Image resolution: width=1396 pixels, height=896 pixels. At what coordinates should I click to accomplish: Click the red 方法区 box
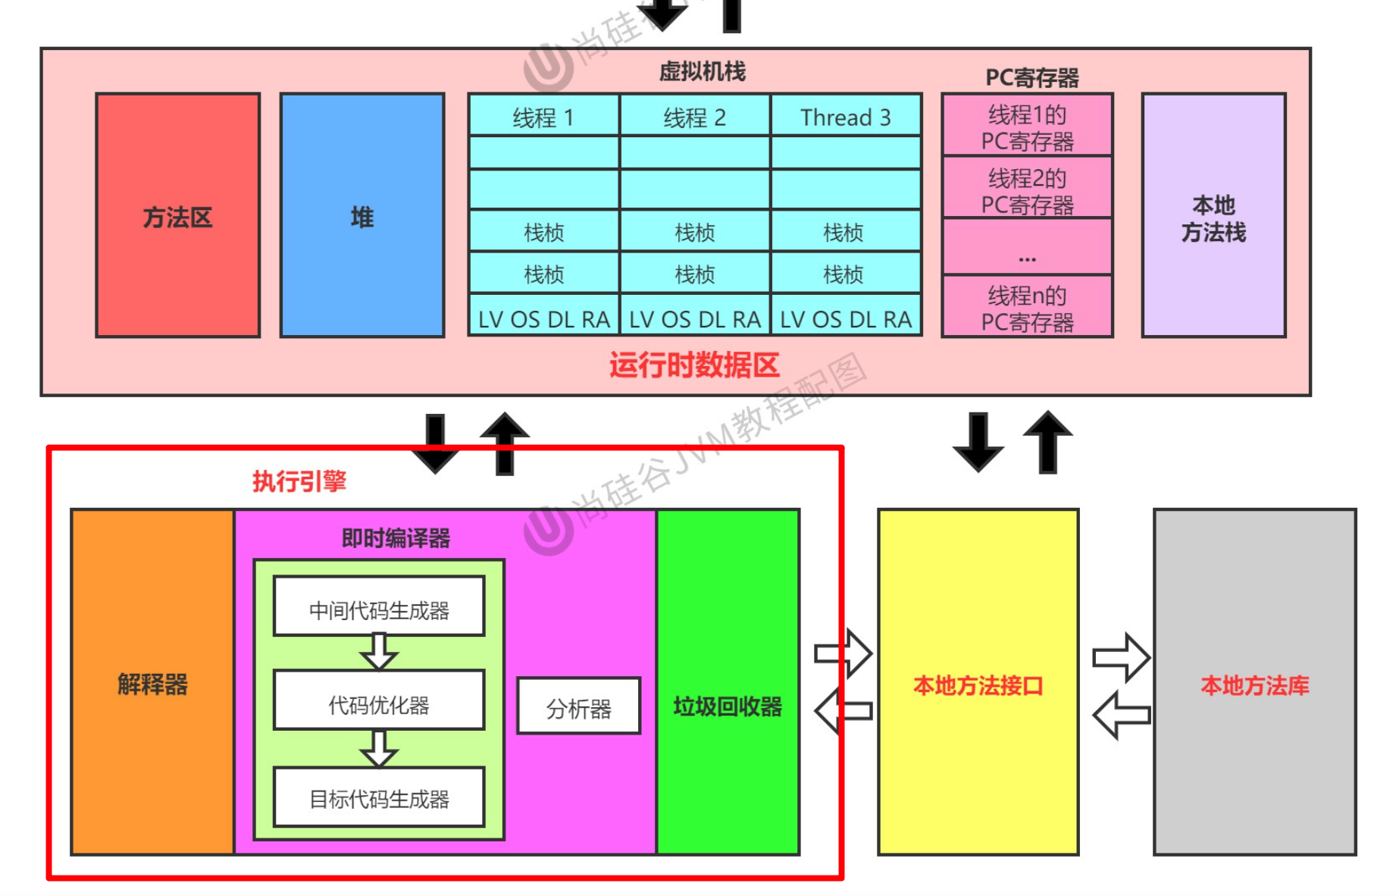(177, 215)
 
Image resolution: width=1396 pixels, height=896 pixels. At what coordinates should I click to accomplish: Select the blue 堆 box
(362, 215)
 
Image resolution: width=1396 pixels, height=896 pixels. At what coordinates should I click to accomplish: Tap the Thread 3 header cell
(846, 116)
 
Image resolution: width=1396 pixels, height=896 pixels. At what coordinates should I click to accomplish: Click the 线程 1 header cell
(543, 116)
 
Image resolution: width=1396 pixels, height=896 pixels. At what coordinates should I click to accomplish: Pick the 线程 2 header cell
(694, 116)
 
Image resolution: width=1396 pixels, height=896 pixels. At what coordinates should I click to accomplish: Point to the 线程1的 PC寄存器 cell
(1027, 127)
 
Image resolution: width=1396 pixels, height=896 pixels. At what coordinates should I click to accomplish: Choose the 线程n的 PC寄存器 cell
(1027, 307)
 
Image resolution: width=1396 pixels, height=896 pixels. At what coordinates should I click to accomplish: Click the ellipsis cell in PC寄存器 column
(1027, 247)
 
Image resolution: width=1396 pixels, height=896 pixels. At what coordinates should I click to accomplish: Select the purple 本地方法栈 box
(1213, 215)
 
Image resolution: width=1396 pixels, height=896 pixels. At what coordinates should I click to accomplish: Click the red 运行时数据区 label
(694, 365)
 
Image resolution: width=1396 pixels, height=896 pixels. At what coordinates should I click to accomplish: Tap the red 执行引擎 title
(299, 481)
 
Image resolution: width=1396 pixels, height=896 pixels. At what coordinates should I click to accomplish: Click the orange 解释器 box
(152, 682)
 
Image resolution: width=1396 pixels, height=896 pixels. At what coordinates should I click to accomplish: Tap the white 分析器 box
(578, 706)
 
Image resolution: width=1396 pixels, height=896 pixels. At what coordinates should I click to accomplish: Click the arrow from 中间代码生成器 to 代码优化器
(379, 652)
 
